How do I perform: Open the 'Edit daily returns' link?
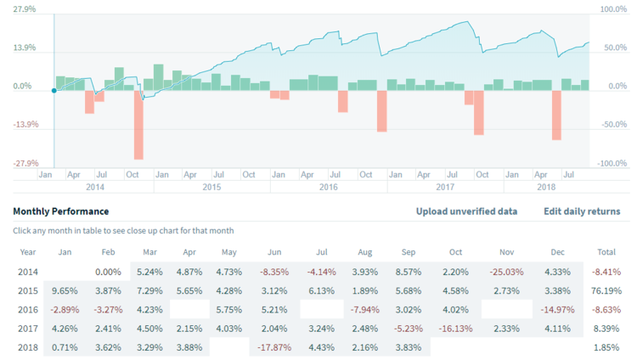click(581, 211)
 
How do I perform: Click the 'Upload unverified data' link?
click(466, 211)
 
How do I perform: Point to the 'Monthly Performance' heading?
click(61, 211)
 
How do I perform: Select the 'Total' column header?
click(607, 251)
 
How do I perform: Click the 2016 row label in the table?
click(28, 310)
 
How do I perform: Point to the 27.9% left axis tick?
click(24, 9)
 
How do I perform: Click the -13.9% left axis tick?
click(24, 125)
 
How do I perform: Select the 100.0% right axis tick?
click(613, 9)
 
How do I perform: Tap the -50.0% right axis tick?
click(613, 125)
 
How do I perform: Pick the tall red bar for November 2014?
click(138, 124)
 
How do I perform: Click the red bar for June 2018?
click(556, 115)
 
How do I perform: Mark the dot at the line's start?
click(54, 89)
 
